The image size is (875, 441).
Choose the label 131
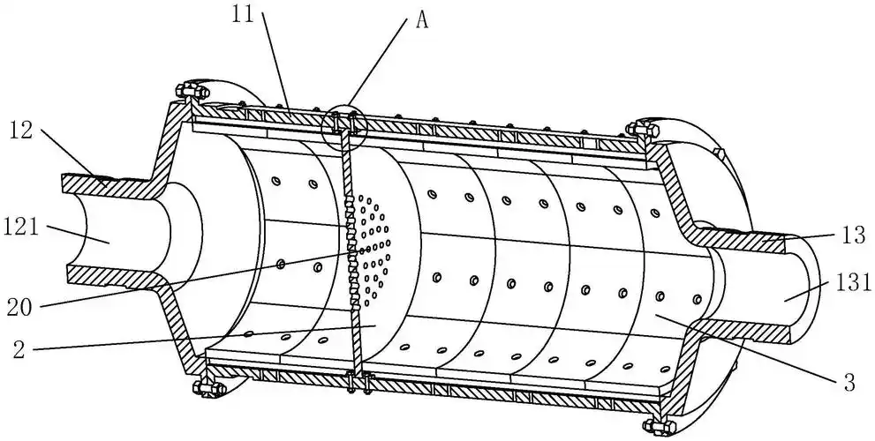855,282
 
